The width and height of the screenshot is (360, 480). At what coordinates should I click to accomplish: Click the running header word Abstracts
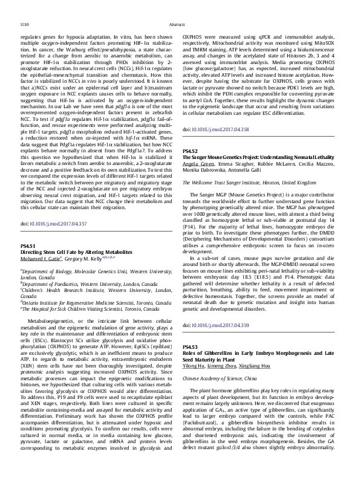(x=177, y=25)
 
